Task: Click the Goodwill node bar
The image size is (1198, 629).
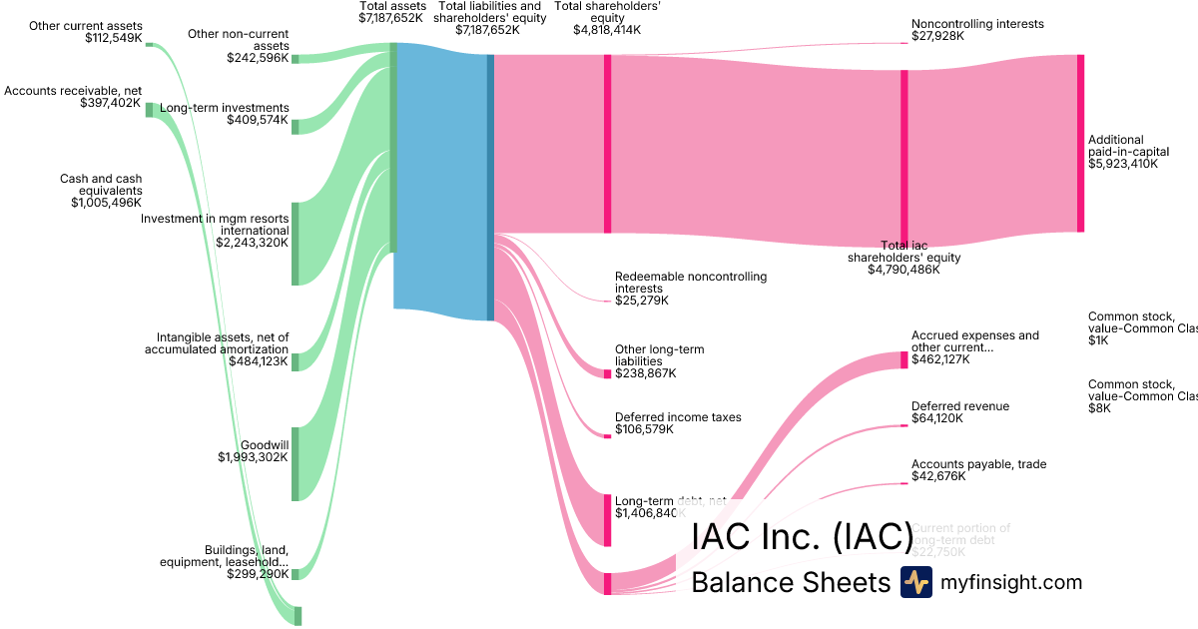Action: (x=295, y=463)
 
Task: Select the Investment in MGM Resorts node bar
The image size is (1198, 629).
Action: (x=295, y=244)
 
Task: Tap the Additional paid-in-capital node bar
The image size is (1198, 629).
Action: (x=1080, y=143)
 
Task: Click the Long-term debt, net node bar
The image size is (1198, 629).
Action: (x=607, y=519)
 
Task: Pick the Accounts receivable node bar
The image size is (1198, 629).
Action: (x=150, y=110)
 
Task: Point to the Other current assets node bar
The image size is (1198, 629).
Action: (x=150, y=44)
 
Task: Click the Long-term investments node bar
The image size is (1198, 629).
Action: (x=295, y=125)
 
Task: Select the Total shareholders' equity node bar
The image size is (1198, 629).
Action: (x=607, y=143)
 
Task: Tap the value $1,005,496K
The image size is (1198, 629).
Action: (x=106, y=203)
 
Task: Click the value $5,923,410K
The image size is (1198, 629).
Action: (x=1123, y=164)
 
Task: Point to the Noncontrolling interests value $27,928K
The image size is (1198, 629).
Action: (x=941, y=36)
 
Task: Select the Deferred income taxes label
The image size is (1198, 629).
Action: (x=678, y=417)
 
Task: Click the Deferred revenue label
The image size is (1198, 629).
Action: (x=959, y=406)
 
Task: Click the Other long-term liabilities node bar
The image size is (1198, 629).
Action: (x=607, y=373)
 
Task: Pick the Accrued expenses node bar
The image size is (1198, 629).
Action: (x=904, y=359)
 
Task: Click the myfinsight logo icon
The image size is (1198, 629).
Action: (x=915, y=582)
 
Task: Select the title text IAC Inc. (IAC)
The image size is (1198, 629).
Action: (x=802, y=536)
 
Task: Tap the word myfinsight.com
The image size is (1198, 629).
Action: (x=1010, y=582)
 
